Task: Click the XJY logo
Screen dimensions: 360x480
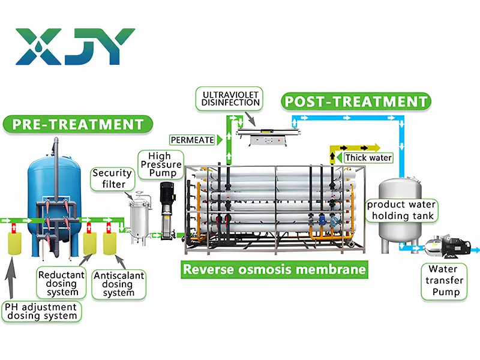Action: coord(75,46)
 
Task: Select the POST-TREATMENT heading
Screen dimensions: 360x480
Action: coord(356,101)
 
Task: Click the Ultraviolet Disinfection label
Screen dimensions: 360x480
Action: coord(231,98)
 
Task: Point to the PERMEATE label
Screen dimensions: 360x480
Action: coord(192,140)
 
